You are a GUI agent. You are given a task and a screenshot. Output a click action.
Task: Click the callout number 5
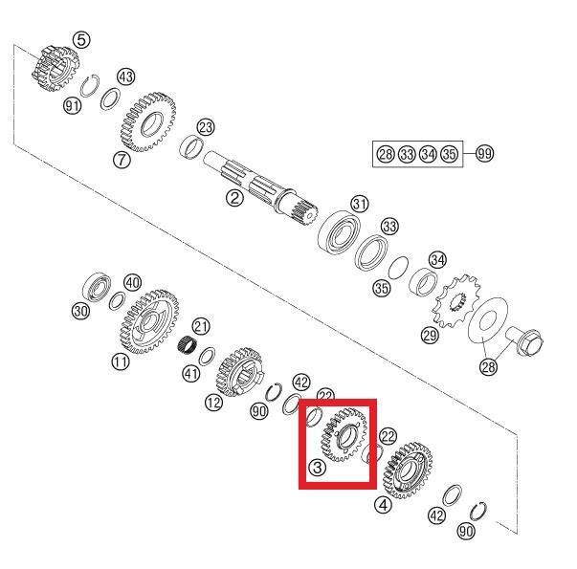pyautogui.click(x=82, y=39)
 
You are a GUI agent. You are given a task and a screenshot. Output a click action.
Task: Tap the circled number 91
pyautogui.click(x=72, y=106)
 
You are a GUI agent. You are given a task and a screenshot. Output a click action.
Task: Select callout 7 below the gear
pyautogui.click(x=122, y=160)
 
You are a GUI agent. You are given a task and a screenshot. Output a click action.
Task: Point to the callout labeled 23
pyautogui.click(x=206, y=127)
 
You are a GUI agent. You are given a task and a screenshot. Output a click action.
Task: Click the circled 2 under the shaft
pyautogui.click(x=233, y=198)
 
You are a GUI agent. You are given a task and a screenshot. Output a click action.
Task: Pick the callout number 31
pyautogui.click(x=359, y=204)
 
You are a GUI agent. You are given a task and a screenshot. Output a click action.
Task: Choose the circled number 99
pyautogui.click(x=483, y=154)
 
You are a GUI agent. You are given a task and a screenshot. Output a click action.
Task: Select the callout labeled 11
pyautogui.click(x=120, y=361)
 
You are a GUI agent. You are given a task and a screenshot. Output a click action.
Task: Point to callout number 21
pyautogui.click(x=201, y=327)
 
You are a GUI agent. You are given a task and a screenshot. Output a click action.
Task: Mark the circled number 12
pyautogui.click(x=212, y=403)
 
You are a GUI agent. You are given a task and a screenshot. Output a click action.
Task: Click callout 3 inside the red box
pyautogui.click(x=317, y=468)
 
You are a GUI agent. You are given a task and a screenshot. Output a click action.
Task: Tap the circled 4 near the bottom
pyautogui.click(x=383, y=504)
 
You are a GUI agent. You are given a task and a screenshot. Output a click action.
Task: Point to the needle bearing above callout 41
pyautogui.click(x=192, y=347)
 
